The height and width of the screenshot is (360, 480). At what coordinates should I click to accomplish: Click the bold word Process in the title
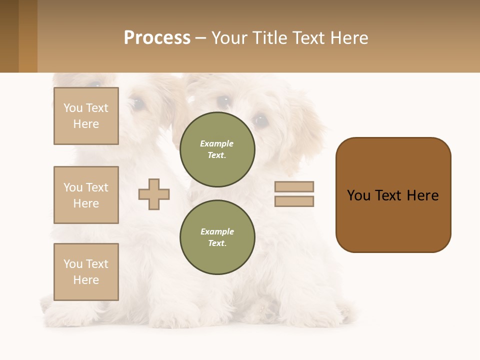pos(157,38)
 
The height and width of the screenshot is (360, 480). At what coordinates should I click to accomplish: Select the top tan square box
pos(86,116)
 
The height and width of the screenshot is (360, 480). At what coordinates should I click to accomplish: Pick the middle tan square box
pos(86,195)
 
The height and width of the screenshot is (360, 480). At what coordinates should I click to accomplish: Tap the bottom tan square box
pos(86,271)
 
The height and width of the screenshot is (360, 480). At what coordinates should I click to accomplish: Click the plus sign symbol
pos(154,194)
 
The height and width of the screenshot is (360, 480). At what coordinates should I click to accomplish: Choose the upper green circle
pos(217,149)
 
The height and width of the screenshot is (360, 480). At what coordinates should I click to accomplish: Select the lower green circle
pos(217,237)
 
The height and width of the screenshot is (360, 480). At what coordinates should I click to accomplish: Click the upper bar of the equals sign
pos(294,187)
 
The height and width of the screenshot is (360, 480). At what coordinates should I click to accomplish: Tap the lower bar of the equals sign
pos(294,201)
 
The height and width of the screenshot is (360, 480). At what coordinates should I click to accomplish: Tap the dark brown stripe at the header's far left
pos(9,36)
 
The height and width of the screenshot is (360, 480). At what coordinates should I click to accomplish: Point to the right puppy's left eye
pos(260,120)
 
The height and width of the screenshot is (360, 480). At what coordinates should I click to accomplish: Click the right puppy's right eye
pos(223,101)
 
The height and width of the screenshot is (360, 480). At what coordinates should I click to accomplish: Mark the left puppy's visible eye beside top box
pos(136,103)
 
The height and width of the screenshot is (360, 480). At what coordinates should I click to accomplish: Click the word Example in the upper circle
pos(217,143)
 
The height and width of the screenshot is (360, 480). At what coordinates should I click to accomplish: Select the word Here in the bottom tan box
pos(86,280)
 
